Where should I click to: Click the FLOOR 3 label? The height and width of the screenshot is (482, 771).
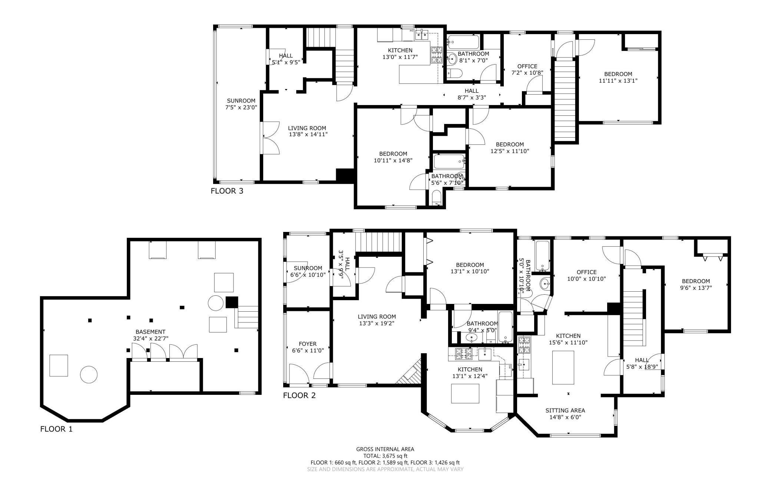click(x=227, y=191)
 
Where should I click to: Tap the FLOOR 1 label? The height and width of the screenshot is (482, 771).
click(x=56, y=429)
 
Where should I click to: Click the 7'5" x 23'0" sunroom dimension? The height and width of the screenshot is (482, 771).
click(x=241, y=107)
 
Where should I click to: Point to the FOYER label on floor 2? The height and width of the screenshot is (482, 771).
click(x=307, y=344)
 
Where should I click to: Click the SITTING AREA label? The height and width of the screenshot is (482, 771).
click(x=565, y=410)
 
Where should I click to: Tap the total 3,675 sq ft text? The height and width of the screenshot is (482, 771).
click(x=385, y=456)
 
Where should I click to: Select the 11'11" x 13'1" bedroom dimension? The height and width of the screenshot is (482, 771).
click(x=618, y=81)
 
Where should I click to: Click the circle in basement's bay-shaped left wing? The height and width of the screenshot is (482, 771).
click(x=89, y=374)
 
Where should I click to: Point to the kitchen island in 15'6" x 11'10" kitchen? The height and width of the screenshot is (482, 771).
click(x=563, y=367)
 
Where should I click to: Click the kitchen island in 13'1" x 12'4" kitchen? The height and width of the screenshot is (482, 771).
click(x=465, y=394)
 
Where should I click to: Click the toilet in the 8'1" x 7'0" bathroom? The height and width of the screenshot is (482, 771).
click(x=453, y=73)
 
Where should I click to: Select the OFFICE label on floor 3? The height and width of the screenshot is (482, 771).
click(x=527, y=66)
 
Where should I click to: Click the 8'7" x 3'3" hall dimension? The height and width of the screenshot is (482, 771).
click(x=471, y=98)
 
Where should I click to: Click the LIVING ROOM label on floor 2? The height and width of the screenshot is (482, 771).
click(x=377, y=317)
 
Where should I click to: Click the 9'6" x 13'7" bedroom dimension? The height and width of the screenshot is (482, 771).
click(x=696, y=288)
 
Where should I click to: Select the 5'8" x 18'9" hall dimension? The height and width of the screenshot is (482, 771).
click(x=642, y=367)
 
